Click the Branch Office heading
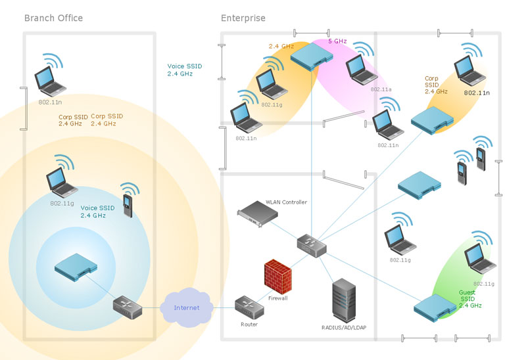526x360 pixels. point(53,18)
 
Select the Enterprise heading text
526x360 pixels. point(243,18)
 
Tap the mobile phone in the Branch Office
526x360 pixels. point(128,200)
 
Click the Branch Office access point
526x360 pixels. point(75,265)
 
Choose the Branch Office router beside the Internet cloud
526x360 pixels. point(124,307)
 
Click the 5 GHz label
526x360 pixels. point(337,41)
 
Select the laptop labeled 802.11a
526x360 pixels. point(358,67)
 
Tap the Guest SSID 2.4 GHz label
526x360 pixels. point(470,300)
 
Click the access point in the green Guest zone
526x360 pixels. point(435,304)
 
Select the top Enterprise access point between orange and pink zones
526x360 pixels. point(311,55)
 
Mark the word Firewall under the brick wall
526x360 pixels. point(277,298)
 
